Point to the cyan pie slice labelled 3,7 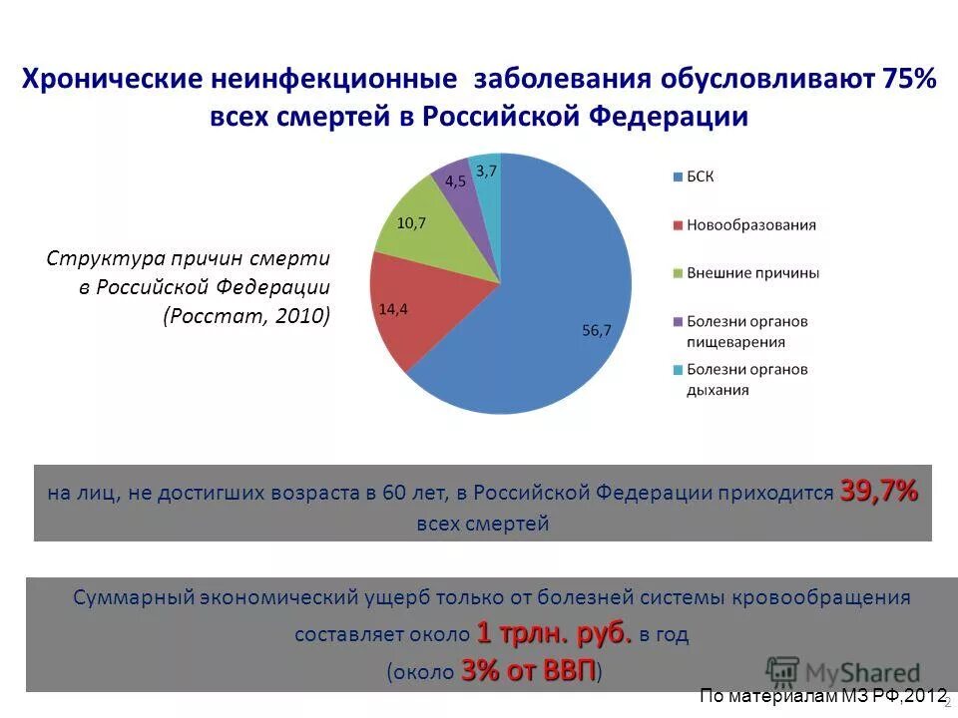(486, 174)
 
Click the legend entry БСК (700, 177)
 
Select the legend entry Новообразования (750, 224)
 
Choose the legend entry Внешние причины (752, 272)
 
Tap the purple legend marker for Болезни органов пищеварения (677, 322)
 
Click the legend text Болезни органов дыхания (746, 379)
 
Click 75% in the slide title (908, 79)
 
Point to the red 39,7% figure (878, 491)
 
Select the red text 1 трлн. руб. (554, 633)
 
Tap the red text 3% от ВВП (529, 670)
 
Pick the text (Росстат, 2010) (246, 316)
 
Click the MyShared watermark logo (843, 671)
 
